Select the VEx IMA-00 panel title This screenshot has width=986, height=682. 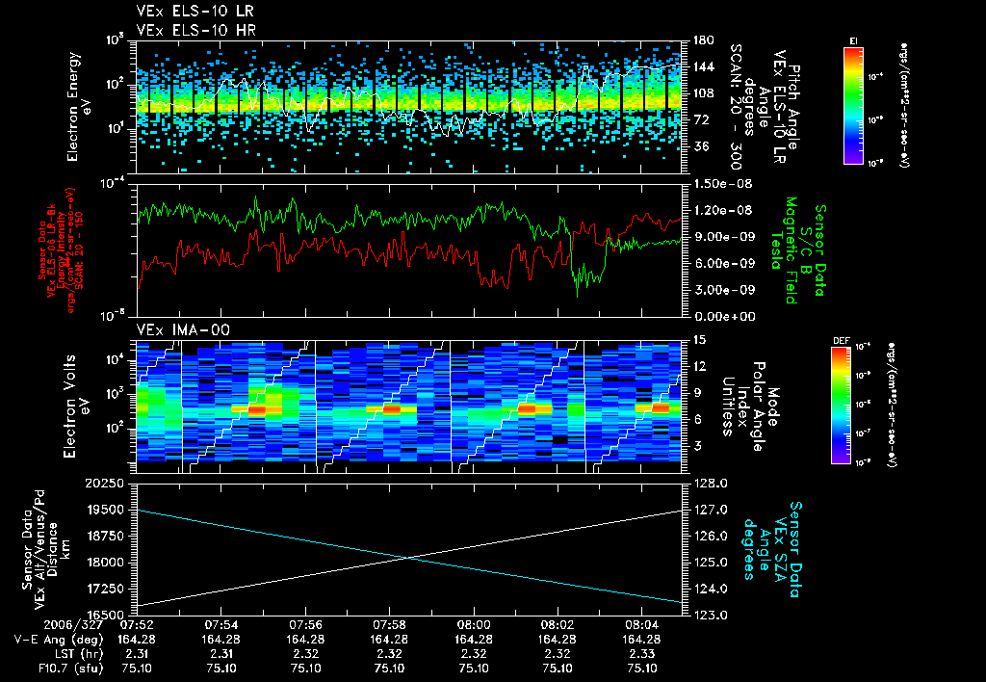(x=176, y=329)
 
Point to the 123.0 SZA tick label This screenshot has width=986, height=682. (x=712, y=614)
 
